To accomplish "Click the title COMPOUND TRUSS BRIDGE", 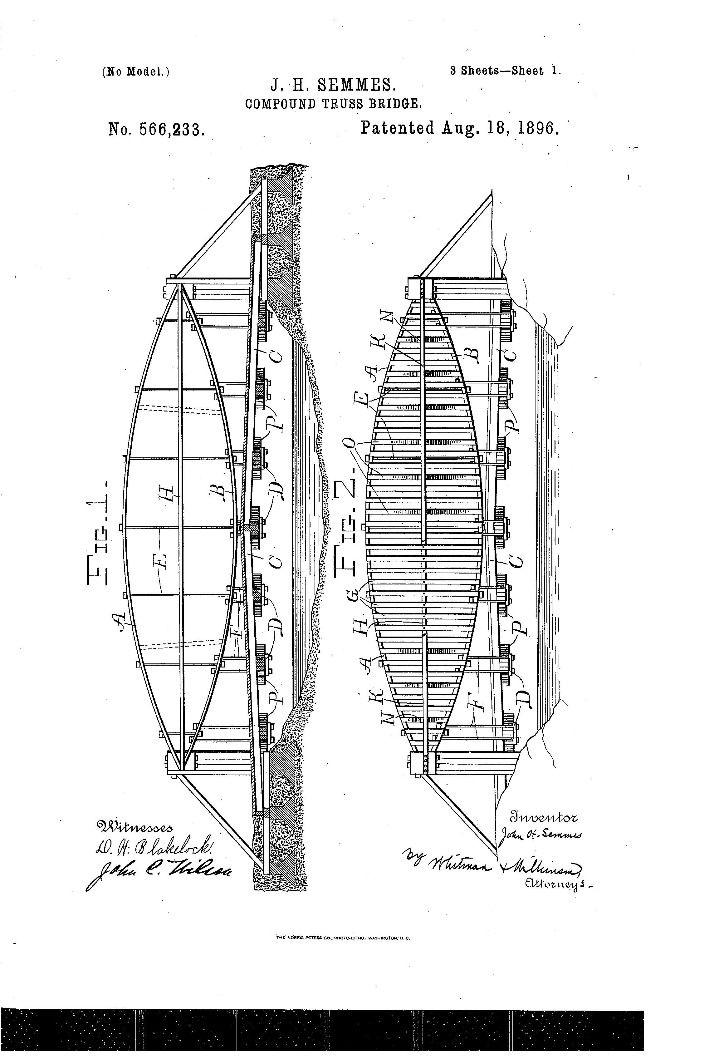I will point(333,104).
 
